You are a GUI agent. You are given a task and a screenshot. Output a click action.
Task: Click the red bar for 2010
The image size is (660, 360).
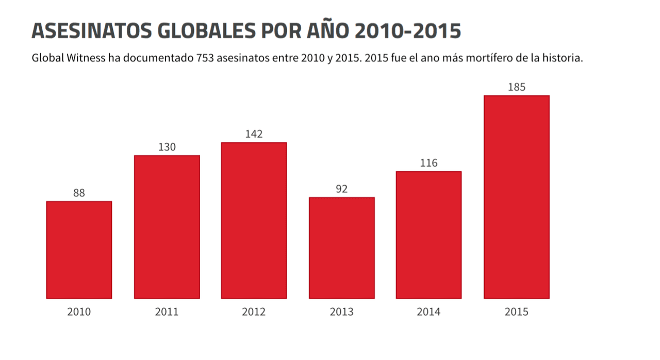[79, 250]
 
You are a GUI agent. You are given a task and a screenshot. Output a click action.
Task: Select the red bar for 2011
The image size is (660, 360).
[167, 227]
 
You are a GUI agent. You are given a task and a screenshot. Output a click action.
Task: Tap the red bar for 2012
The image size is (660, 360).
[254, 220]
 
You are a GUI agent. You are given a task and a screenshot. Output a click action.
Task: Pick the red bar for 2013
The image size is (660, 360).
[341, 248]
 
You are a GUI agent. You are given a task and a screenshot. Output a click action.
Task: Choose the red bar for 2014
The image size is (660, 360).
[428, 235]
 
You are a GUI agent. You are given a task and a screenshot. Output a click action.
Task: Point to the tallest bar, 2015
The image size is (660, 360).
[516, 197]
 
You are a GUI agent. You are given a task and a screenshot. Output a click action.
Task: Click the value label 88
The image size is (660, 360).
[79, 193]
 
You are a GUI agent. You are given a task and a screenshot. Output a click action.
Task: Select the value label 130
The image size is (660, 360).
[167, 147]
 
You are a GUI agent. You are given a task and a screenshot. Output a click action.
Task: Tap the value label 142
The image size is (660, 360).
[254, 134]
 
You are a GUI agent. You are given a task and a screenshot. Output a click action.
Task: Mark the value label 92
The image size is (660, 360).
[341, 189]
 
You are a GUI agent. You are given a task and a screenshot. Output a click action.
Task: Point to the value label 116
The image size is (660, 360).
[428, 163]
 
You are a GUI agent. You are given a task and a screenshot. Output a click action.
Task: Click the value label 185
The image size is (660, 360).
[516, 87]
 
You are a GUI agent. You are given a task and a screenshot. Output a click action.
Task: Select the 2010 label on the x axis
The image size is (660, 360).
[79, 312]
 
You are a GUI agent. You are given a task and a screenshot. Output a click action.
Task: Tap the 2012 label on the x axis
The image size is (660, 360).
[254, 312]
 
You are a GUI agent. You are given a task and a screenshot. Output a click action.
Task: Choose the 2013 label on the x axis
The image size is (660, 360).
[341, 312]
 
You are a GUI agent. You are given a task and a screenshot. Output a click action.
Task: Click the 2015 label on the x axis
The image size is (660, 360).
[516, 312]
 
